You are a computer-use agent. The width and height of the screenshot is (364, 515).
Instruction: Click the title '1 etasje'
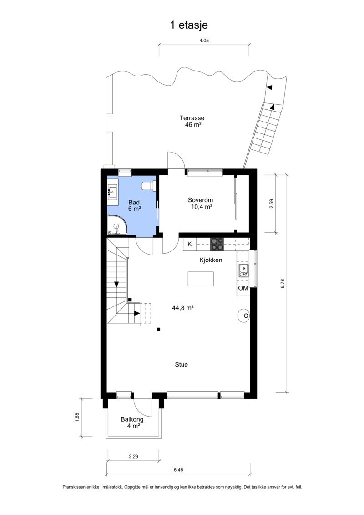point(189,25)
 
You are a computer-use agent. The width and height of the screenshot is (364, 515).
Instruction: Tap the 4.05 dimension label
point(204,41)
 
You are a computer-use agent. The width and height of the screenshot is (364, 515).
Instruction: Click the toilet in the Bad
point(148,186)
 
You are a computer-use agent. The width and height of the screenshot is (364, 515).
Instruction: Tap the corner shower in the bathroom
point(117,225)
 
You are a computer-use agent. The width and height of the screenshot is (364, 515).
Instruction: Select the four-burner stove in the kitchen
point(217,244)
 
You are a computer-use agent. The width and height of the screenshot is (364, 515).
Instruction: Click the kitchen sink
point(243,270)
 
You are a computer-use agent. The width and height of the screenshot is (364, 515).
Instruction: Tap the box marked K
point(190,245)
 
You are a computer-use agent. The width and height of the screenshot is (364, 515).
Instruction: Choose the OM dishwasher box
point(243,288)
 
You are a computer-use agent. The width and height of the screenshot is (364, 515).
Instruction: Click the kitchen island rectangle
point(201,279)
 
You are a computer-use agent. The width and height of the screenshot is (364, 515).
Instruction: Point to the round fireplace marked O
point(244,316)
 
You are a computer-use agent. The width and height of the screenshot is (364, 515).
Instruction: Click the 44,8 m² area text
point(182,308)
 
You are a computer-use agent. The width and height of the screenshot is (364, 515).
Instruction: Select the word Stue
point(181,365)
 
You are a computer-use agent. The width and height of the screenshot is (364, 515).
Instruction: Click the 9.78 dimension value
point(283,283)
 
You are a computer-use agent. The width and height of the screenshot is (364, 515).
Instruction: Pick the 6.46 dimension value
point(178,469)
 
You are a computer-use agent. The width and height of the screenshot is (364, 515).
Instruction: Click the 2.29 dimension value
point(133,456)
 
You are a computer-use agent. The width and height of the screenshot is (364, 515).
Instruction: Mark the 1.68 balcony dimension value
point(77,417)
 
